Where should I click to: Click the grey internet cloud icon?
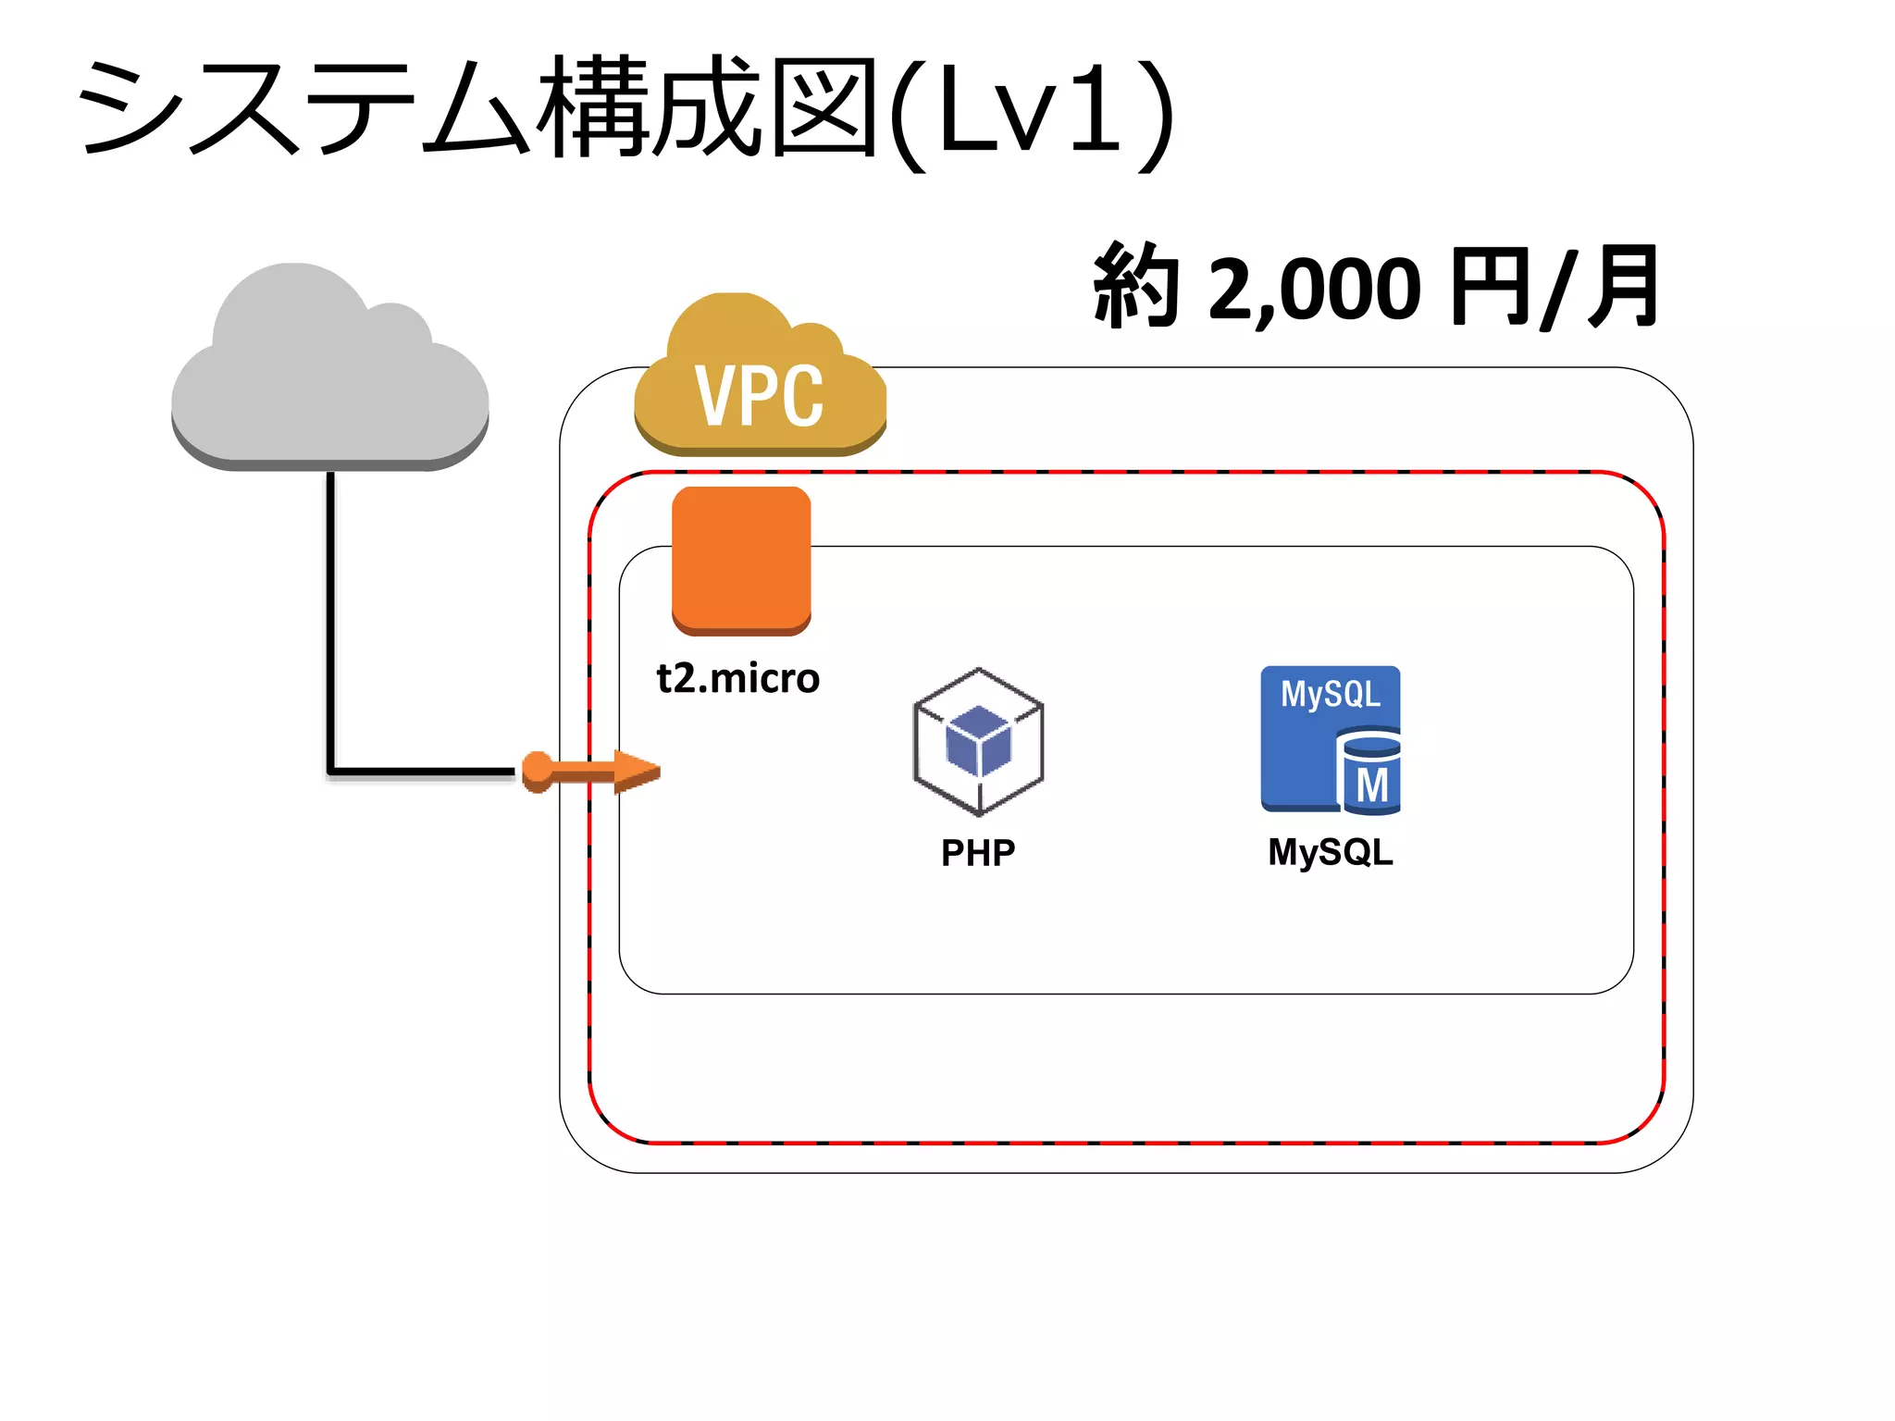[x=329, y=379]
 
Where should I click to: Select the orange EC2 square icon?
[x=741, y=560]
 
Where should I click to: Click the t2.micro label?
[x=737, y=678]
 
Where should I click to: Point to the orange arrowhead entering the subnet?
[x=638, y=771]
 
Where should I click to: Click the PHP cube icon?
[x=978, y=740]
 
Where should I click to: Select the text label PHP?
[x=978, y=852]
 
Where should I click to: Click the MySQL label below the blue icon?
[x=1330, y=851]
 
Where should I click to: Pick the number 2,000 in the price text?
[x=1314, y=289]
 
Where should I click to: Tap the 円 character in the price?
[x=1490, y=287]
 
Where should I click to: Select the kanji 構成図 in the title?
[x=708, y=106]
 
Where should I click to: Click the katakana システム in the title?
[x=305, y=106]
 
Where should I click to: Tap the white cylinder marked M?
[x=1370, y=773]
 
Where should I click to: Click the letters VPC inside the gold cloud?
[x=759, y=396]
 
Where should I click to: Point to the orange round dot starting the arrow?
[x=537, y=771]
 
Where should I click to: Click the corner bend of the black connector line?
[x=330, y=770]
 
